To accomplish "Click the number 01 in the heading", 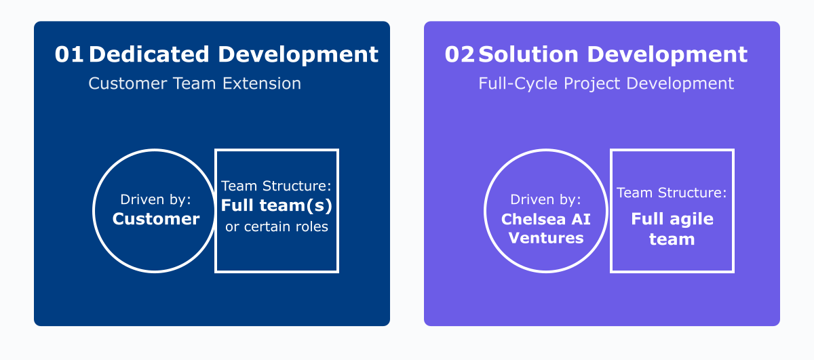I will (x=69, y=55).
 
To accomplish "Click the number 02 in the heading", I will (x=459, y=55).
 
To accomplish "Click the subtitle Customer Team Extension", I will (x=195, y=83).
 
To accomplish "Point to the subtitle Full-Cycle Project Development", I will (x=606, y=83).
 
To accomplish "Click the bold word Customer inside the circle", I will (x=156, y=219).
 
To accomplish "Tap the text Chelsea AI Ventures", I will (x=546, y=229).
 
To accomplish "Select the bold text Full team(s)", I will (x=277, y=206).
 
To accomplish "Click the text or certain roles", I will (x=277, y=226).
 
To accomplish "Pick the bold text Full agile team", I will (x=672, y=229).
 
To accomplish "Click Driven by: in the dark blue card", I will (x=156, y=199).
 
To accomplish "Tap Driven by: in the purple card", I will (x=546, y=200).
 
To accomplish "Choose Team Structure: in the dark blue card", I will (x=277, y=186).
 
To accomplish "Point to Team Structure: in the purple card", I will (x=672, y=193).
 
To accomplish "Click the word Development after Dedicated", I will (x=298, y=55).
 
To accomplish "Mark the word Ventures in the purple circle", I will (x=546, y=239).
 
